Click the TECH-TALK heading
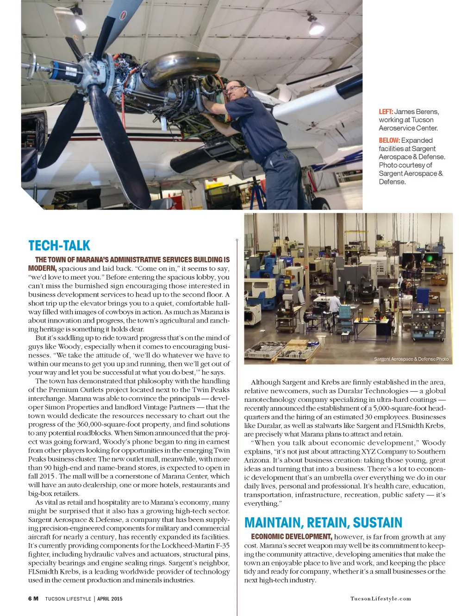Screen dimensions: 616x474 click(59, 246)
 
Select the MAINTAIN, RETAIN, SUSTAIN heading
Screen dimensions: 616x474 click(323, 523)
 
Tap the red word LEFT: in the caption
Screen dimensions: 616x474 click(386, 112)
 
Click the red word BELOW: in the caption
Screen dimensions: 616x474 click(389, 140)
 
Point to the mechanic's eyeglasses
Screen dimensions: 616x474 click(233, 89)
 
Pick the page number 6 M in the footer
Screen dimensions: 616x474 click(33, 599)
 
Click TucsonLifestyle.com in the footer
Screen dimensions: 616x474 click(380, 599)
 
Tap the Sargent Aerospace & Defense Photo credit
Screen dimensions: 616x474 click(411, 359)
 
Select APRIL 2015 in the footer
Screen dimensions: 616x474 click(110, 599)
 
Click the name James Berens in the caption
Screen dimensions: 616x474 click(416, 112)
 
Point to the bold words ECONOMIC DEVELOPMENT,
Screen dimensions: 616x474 click(292, 537)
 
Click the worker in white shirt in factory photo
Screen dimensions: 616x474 click(334, 304)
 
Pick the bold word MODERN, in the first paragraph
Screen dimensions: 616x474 click(42, 268)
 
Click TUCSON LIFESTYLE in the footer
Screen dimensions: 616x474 click(68, 599)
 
